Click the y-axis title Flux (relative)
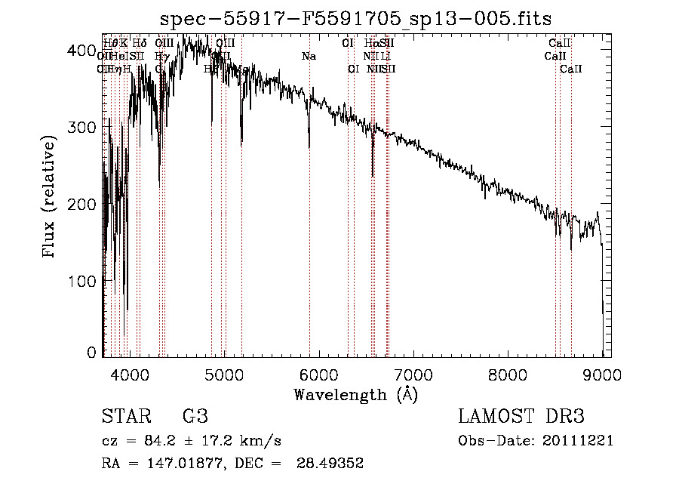(x=50, y=197)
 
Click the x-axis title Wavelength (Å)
(x=356, y=394)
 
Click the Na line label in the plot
(x=309, y=57)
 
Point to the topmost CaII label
(x=560, y=44)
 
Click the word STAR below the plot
(x=124, y=417)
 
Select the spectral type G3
(x=195, y=417)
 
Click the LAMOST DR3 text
(x=521, y=417)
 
